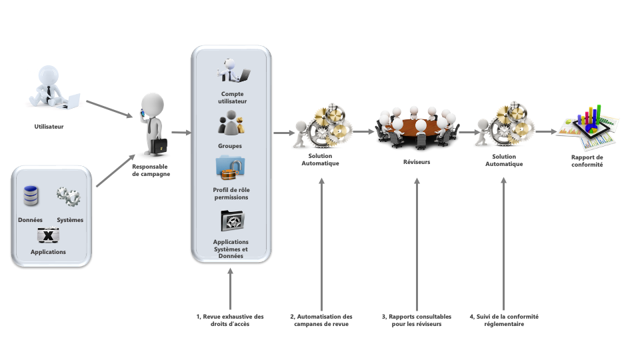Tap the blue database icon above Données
(31, 196)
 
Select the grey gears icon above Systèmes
(69, 196)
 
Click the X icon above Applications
(48, 235)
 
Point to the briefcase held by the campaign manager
(159, 145)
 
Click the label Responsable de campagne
(151, 170)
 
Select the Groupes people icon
(230, 125)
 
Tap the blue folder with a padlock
(230, 169)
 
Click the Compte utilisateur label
(232, 98)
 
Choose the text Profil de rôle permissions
(231, 193)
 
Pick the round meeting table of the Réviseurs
(416, 127)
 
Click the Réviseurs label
(417, 161)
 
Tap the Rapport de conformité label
(587, 161)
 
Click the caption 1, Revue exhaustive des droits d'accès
(231, 320)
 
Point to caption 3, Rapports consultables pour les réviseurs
(417, 320)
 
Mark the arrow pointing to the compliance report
(546, 131)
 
